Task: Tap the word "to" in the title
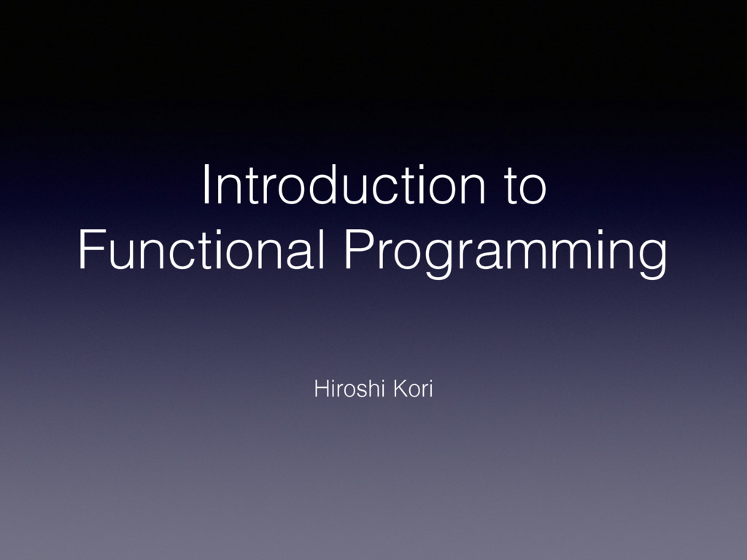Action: pyautogui.click(x=524, y=187)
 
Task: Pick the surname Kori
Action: pyautogui.click(x=413, y=390)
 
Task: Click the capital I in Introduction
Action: pyautogui.click(x=206, y=187)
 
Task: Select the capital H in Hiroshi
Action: pyautogui.click(x=319, y=390)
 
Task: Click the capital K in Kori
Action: pyautogui.click(x=399, y=390)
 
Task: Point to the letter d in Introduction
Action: pyautogui.click(x=307, y=187)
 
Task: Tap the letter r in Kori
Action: pyautogui.click(x=422, y=392)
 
